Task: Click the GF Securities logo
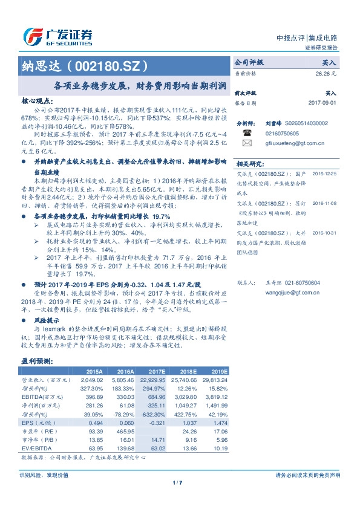click(x=57, y=36)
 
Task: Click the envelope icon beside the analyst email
click(x=247, y=143)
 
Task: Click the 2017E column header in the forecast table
click(x=155, y=371)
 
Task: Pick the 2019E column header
click(x=218, y=371)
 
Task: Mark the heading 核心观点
click(x=38, y=103)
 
